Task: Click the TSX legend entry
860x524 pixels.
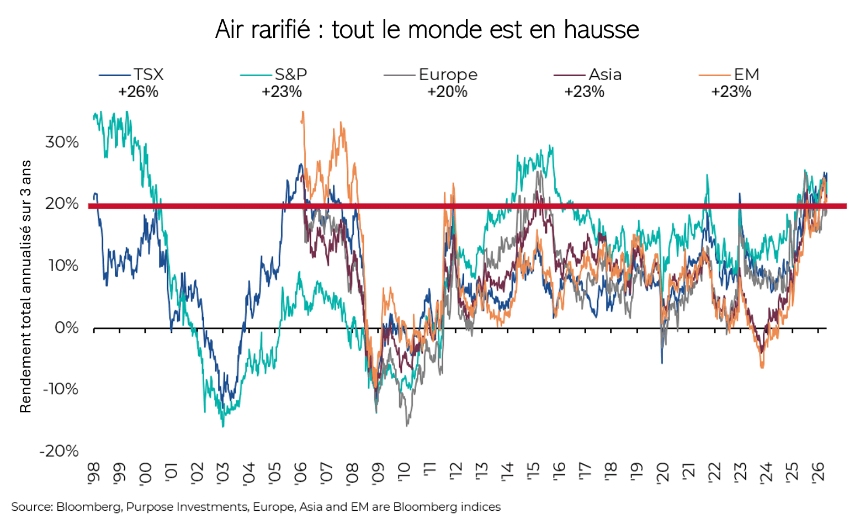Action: click(x=131, y=75)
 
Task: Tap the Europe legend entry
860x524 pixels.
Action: click(x=431, y=75)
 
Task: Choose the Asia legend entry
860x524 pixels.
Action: click(x=587, y=75)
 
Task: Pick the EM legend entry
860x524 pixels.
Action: click(x=729, y=75)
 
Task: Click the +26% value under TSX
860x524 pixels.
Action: click(x=138, y=92)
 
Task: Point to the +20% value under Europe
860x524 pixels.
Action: click(x=447, y=92)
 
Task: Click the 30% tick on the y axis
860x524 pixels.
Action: click(x=62, y=142)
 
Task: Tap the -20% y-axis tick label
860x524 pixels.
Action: click(x=59, y=451)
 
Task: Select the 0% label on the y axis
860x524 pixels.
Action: click(x=66, y=328)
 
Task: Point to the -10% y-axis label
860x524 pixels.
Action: click(x=60, y=389)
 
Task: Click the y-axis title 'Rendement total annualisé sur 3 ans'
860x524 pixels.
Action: click(x=25, y=287)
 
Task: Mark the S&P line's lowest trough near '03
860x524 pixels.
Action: click(x=223, y=426)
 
